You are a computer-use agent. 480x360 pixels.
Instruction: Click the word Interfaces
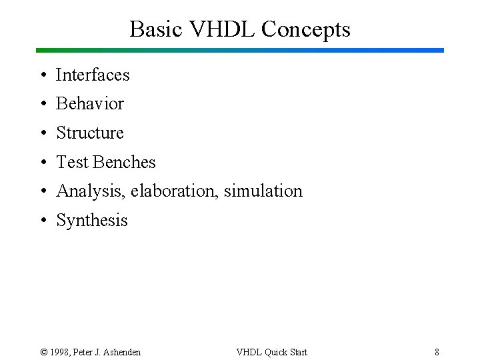93,75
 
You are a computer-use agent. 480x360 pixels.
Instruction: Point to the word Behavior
90,104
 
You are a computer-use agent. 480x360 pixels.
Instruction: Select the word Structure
90,133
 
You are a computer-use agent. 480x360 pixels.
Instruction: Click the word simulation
263,191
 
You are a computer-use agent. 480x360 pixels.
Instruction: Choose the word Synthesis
92,221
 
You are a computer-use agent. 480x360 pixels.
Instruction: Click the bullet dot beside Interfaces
42,75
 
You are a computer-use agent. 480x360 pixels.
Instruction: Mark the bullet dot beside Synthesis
42,221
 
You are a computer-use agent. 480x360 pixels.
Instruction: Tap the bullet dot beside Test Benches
42,163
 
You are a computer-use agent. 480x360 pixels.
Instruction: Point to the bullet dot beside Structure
42,133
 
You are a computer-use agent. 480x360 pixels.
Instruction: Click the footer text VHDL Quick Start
272,352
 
